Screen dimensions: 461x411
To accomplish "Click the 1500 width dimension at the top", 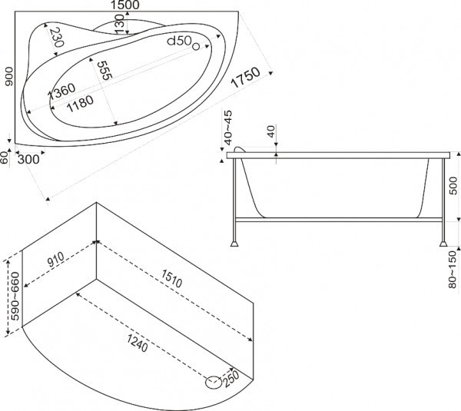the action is click(125, 5).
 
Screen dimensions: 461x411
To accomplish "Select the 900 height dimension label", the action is click(9, 77).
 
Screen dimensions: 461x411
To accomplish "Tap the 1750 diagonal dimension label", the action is click(246, 78).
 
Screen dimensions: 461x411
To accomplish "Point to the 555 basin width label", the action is click(104, 70).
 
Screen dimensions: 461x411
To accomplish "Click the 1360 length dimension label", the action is click(61, 91).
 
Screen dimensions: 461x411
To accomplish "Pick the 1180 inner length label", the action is click(80, 104).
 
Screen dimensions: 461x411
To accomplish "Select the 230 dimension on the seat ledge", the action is click(57, 38).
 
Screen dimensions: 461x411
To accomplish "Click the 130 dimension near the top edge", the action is click(119, 25).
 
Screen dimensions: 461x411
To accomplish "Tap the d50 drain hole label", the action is click(180, 41).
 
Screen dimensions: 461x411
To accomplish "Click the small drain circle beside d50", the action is click(196, 46).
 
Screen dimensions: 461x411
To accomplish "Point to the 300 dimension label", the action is click(28, 160).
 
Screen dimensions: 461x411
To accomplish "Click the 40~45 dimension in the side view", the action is click(228, 128).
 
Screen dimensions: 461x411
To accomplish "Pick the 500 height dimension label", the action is click(453, 185).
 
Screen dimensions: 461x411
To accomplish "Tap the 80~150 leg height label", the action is click(453, 270).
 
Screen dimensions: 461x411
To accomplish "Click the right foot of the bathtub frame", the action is click(443, 244).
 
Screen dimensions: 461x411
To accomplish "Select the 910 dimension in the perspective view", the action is click(55, 260).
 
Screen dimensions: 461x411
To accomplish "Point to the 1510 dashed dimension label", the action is click(171, 278).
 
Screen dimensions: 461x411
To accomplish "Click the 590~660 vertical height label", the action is click(15, 297).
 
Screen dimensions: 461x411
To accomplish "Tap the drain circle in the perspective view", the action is click(214, 382).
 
